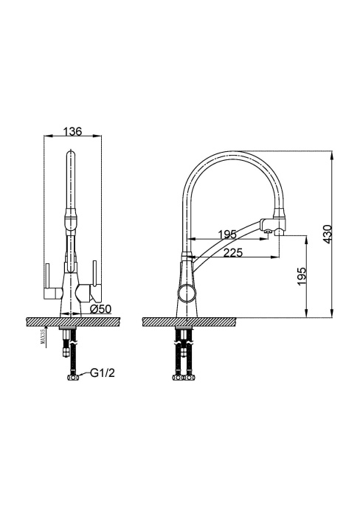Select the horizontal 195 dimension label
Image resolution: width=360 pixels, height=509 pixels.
click(x=227, y=235)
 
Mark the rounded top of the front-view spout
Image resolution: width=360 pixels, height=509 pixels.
click(x=71, y=156)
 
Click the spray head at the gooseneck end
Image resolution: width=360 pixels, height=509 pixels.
click(x=274, y=221)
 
